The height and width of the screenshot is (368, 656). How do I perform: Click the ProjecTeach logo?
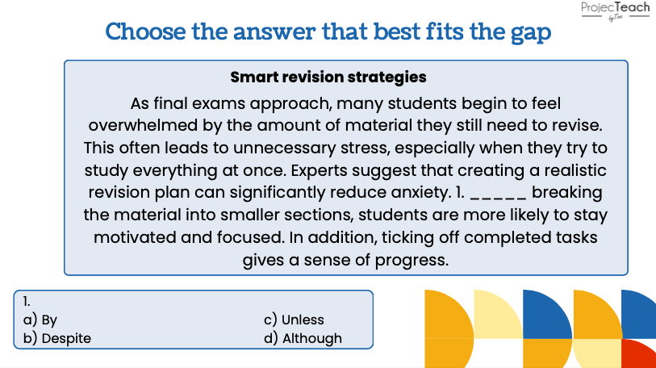click(615, 10)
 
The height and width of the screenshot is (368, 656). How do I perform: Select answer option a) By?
click(40, 320)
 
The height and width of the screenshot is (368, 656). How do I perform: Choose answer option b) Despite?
click(57, 338)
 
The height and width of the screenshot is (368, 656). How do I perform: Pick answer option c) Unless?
click(294, 320)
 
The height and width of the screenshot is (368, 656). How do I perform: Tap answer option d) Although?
click(303, 338)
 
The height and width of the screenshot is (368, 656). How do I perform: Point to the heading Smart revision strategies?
click(328, 77)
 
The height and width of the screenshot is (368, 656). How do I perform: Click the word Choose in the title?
click(145, 31)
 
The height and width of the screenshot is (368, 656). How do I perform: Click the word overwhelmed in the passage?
click(143, 126)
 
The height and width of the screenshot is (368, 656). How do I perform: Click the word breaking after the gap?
click(567, 193)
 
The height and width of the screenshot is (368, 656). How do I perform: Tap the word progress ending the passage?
click(412, 261)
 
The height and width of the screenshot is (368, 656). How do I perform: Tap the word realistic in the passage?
click(575, 170)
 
